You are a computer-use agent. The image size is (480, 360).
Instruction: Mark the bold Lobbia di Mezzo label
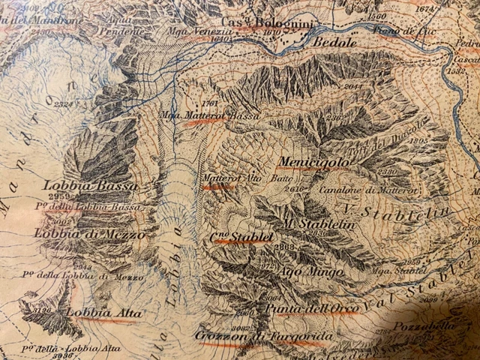pyautogui.click(x=89, y=234)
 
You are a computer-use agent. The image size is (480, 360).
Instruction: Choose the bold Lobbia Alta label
pyautogui.click(x=103, y=313)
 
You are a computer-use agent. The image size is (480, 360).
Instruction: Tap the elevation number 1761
pyautogui.click(x=209, y=103)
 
